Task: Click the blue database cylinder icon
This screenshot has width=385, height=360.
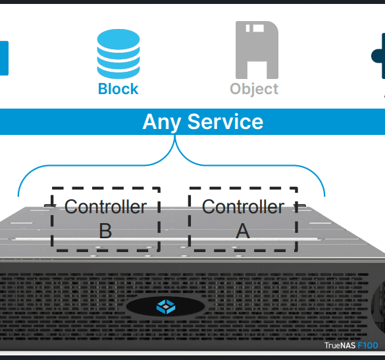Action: pyautogui.click(x=118, y=53)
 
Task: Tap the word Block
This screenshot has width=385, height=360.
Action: pyautogui.click(x=118, y=89)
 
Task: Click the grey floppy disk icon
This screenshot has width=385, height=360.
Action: pyautogui.click(x=257, y=50)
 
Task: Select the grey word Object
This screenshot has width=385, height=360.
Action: pyautogui.click(x=254, y=89)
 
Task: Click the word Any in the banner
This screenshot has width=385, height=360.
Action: pyautogui.click(x=162, y=122)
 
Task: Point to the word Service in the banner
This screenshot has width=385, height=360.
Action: pyautogui.click(x=225, y=122)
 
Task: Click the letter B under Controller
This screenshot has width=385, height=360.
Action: pyautogui.click(x=105, y=230)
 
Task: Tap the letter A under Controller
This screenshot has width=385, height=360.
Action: pyautogui.click(x=243, y=230)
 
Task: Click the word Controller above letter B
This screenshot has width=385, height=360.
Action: pyautogui.click(x=105, y=207)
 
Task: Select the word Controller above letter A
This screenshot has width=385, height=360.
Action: pyautogui.click(x=243, y=207)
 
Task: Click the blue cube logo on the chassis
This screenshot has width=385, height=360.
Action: pyautogui.click(x=166, y=307)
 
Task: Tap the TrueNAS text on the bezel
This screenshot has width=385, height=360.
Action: pyautogui.click(x=340, y=346)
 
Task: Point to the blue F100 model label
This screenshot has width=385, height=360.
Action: pyautogui.click(x=368, y=346)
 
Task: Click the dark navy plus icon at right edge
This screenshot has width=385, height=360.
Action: pyautogui.click(x=378, y=56)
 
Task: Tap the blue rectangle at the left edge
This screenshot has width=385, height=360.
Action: pyautogui.click(x=4, y=58)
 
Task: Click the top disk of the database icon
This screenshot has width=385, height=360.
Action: pyautogui.click(x=118, y=39)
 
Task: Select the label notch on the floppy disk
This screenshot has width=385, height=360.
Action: pyautogui.click(x=255, y=28)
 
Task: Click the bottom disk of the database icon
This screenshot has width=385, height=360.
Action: pyautogui.click(x=118, y=72)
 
